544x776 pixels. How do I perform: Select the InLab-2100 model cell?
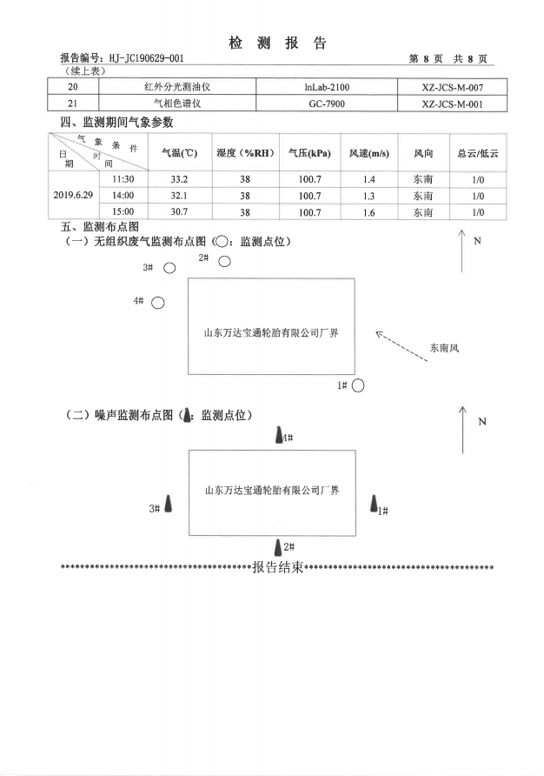point(327,87)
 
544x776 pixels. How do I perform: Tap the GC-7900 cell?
point(327,104)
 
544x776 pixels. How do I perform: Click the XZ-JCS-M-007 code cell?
point(450,87)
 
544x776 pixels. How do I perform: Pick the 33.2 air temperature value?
point(180,179)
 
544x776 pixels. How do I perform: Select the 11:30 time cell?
point(123,179)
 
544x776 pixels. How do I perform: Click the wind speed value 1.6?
point(368,211)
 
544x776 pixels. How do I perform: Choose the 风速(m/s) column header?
point(368,153)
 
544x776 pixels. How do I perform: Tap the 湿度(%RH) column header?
point(245,153)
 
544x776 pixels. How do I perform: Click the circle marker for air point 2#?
point(224,260)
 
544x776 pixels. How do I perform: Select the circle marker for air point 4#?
point(158,302)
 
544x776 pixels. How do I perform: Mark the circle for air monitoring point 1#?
point(357,385)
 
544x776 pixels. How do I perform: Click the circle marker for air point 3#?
point(169,269)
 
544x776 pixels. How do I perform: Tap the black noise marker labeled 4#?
point(279,436)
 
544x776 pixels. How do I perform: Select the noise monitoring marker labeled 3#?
point(168,505)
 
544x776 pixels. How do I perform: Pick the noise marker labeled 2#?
point(278,546)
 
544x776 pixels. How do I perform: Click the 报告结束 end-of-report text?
point(277,568)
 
